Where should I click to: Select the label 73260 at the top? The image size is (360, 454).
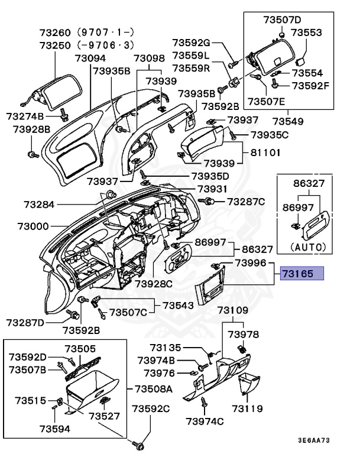click(55, 33)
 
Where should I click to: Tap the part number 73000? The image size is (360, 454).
click(33, 226)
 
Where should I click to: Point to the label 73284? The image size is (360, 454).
click(39, 205)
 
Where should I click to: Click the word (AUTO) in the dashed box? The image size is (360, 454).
click(308, 247)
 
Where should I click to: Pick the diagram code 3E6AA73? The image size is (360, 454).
click(314, 440)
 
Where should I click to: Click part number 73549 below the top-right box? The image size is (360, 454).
click(288, 121)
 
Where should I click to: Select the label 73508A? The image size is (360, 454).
click(154, 389)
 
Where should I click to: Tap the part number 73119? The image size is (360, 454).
click(247, 408)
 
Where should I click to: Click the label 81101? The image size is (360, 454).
click(265, 153)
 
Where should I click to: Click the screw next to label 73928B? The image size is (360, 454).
click(33, 155)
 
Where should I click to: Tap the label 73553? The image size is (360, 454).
click(306, 33)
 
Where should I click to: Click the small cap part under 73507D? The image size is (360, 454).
click(281, 35)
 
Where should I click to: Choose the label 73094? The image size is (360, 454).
click(90, 58)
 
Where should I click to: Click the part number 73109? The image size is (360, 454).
click(233, 310)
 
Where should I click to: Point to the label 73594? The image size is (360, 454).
click(55, 429)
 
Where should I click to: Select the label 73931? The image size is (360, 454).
click(212, 189)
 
